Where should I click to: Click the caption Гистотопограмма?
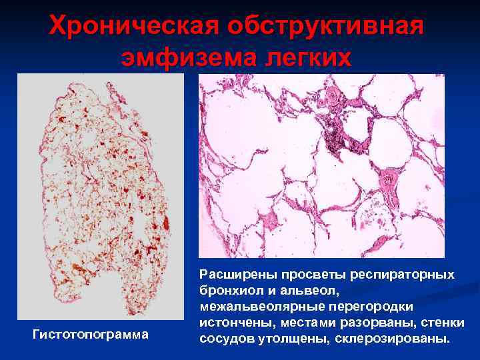(x=90, y=333)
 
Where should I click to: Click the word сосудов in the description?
(x=224, y=338)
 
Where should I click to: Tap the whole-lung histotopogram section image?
(x=101, y=193)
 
